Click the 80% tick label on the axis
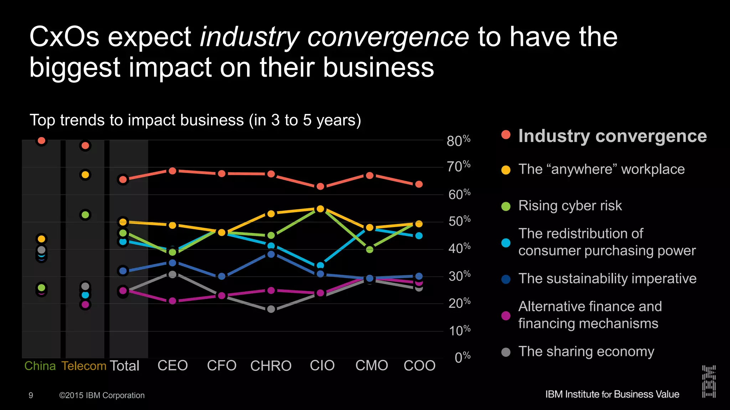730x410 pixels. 458,141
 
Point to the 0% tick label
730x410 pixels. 462,357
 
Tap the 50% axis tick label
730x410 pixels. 459,221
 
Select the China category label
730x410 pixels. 40,366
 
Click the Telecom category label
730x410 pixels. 84,366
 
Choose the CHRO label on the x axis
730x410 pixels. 271,366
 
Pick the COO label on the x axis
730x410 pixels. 420,366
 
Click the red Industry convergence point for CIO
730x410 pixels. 320,186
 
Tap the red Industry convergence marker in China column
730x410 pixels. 41,141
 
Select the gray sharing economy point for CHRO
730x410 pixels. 271,309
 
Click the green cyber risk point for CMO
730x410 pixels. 370,249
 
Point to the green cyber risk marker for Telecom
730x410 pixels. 85,215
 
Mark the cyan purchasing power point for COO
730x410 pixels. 419,236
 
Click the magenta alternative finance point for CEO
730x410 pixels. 173,301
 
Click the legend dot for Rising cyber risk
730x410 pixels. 506,206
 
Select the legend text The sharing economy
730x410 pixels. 586,352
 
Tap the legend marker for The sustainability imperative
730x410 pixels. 506,279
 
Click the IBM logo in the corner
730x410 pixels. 709,381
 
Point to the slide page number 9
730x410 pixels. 31,395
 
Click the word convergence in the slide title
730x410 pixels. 388,37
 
